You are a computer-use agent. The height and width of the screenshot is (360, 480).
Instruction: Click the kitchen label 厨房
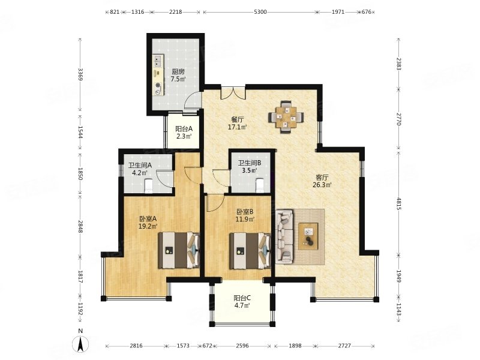(x=178, y=72)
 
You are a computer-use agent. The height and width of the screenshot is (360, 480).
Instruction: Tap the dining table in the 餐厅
(x=286, y=116)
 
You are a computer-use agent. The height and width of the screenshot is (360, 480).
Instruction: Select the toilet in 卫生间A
(x=148, y=186)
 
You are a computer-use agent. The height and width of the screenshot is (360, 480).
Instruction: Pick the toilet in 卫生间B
(x=260, y=185)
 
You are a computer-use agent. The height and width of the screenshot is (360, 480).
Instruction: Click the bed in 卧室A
(x=179, y=250)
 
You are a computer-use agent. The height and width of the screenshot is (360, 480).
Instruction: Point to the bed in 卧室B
(x=250, y=250)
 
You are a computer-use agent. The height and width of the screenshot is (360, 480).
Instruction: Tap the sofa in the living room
(x=284, y=236)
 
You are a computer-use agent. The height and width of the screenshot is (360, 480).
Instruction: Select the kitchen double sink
(x=158, y=61)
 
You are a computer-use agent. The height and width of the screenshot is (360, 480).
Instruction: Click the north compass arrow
(x=80, y=343)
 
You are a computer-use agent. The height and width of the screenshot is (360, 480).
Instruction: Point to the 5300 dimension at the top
(x=260, y=12)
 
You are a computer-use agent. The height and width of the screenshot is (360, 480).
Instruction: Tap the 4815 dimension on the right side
(x=398, y=203)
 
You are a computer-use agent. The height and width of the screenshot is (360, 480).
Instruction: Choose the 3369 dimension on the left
(x=80, y=74)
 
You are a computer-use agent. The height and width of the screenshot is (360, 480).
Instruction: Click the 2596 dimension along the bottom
(x=242, y=346)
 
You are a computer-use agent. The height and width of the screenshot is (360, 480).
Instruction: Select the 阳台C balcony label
(x=242, y=298)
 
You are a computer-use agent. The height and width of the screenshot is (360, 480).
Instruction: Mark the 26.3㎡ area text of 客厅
(x=322, y=185)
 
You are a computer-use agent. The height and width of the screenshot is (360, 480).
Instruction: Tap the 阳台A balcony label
(x=184, y=129)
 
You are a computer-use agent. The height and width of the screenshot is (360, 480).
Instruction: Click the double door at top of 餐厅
(x=233, y=93)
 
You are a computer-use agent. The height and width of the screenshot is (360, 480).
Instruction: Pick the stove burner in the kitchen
(x=158, y=85)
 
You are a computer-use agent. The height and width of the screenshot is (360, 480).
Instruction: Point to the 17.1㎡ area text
(x=237, y=127)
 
